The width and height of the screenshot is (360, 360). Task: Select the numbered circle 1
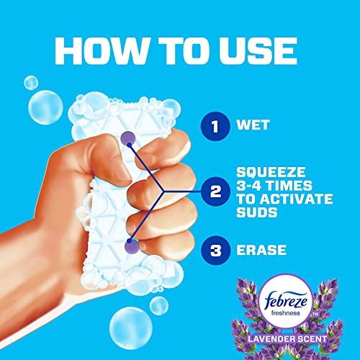[215, 126]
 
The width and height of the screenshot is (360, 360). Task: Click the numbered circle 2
[215, 192]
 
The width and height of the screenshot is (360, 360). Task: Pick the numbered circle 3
[215, 251]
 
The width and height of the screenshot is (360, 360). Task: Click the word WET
[253, 125]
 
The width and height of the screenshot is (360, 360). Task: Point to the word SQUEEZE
[271, 172]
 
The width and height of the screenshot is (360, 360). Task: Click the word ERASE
[261, 250]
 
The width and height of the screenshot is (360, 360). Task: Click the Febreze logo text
[286, 300]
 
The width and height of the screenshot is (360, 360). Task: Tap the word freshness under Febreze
[286, 313]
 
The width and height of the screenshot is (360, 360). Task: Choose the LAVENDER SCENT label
[287, 339]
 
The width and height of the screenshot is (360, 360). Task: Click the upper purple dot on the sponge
[128, 139]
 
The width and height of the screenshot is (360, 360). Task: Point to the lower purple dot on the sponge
[132, 246]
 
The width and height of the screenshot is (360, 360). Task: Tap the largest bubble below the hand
[131, 328]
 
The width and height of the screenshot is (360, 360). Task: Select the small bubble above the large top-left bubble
[31, 83]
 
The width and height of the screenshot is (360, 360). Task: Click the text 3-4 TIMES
[274, 186]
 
